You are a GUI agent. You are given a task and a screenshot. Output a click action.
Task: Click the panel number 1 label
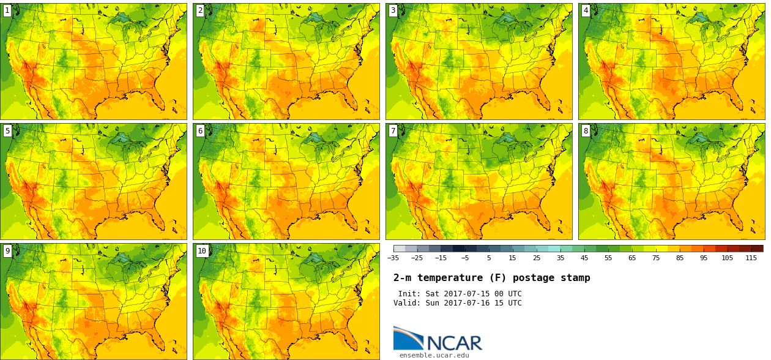pos(7,10)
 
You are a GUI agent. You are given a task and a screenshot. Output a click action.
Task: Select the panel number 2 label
pos(200,10)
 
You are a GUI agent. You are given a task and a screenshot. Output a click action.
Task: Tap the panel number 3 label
pos(393,10)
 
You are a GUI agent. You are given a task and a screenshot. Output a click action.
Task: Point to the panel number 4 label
pos(586,10)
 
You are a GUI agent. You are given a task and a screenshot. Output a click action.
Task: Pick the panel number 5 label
pos(7,130)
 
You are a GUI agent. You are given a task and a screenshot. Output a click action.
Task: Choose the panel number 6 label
pos(200,130)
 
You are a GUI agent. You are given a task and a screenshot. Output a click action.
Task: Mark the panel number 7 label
pos(393,130)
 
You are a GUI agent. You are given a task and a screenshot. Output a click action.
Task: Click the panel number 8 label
pos(586,130)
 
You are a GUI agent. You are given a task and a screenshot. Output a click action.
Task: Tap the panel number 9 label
pos(7,250)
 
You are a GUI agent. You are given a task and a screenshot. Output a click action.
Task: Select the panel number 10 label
pos(202,250)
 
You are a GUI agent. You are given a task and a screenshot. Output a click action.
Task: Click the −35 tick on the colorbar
pos(393,258)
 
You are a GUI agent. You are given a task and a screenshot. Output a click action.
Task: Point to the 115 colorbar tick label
pos(751,258)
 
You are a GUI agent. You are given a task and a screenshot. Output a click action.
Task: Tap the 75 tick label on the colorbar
pos(656,258)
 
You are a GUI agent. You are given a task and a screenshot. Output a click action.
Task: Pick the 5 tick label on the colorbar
pos(489,258)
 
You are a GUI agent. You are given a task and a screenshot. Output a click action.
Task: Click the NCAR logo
pos(438,339)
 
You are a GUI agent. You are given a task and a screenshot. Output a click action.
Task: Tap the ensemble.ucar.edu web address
pos(434,355)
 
